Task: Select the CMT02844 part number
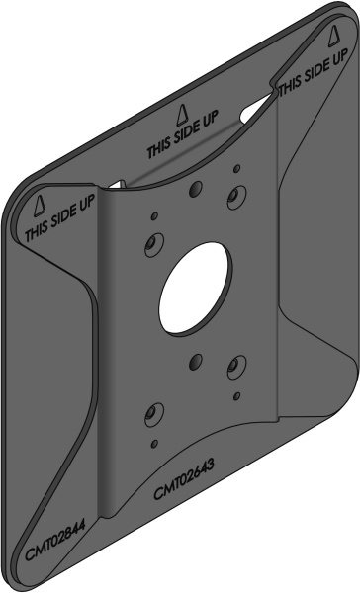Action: pos(55,540)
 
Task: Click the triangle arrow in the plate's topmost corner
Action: pos(333,37)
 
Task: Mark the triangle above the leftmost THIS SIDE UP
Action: pos(40,206)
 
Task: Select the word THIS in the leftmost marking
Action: pos(37,228)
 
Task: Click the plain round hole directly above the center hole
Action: pos(196,188)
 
